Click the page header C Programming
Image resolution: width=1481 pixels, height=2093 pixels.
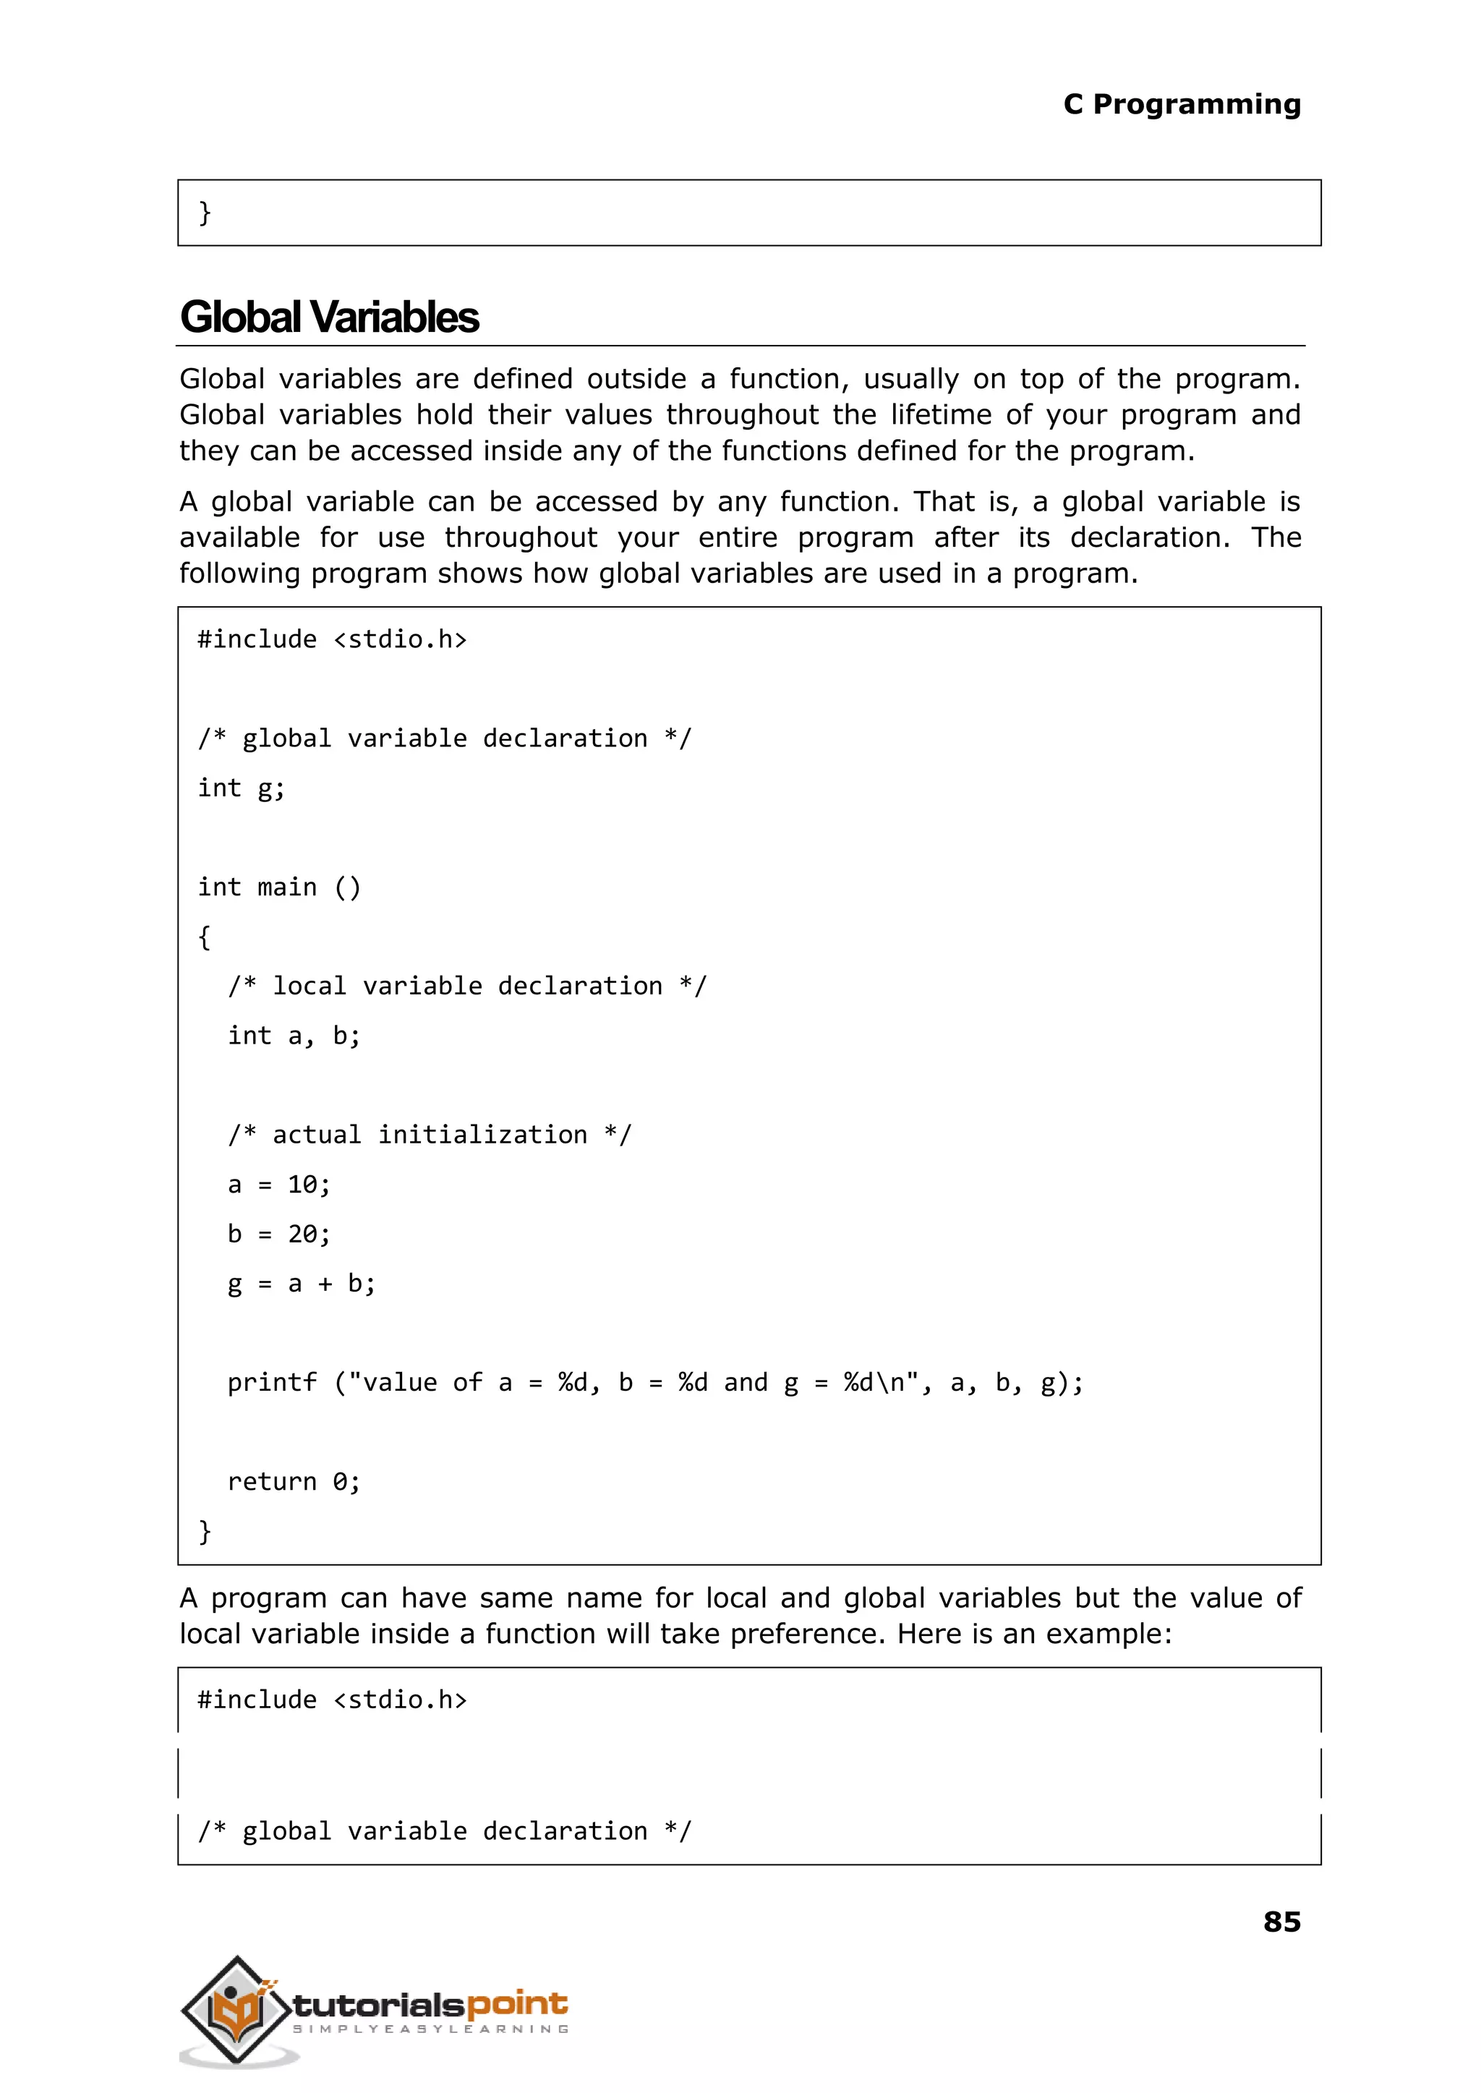[x=1181, y=105]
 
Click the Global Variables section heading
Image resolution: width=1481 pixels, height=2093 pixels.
[x=329, y=317]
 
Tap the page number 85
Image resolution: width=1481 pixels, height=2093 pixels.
[x=1281, y=1922]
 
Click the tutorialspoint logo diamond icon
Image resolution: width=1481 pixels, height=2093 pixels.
[x=236, y=2009]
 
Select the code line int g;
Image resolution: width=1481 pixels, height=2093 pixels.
[x=241, y=788]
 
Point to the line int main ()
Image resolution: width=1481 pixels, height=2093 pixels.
[x=279, y=887]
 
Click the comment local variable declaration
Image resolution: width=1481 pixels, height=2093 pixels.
[x=467, y=986]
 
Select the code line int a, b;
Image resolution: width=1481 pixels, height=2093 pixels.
[x=294, y=1036]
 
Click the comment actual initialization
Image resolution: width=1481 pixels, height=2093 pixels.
[x=429, y=1135]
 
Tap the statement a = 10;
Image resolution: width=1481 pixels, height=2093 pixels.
[x=278, y=1185]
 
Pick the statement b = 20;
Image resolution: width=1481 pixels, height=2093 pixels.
[x=278, y=1234]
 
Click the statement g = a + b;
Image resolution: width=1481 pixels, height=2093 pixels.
[x=301, y=1284]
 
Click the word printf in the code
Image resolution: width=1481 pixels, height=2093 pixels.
[x=272, y=1383]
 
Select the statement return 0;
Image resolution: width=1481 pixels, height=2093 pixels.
[x=294, y=1482]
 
